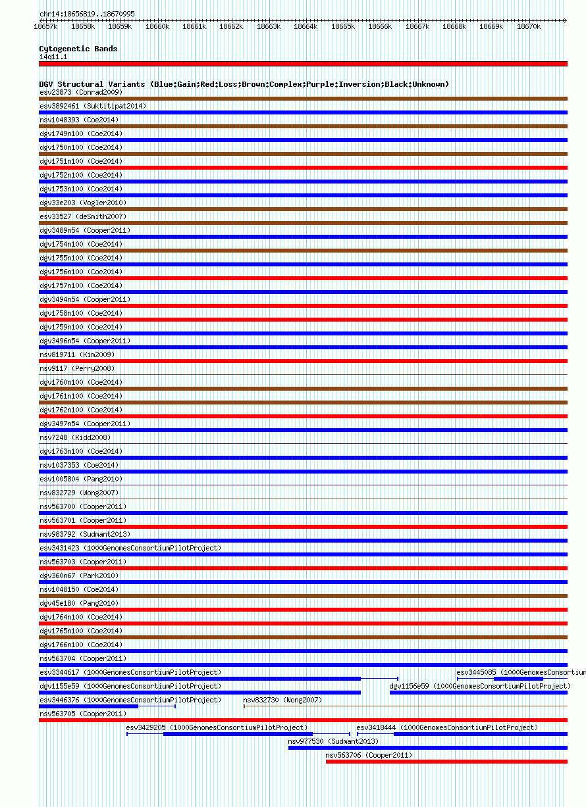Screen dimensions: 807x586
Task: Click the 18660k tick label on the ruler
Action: [157, 27]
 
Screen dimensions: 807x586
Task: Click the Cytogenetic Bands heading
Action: [78, 49]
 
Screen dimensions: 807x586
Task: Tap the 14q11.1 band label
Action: [53, 57]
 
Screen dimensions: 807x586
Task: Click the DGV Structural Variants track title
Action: [244, 84]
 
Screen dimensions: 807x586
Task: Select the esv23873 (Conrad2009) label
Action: [80, 92]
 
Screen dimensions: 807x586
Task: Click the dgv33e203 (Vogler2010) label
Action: [83, 203]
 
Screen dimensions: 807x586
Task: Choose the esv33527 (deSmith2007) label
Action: [83, 216]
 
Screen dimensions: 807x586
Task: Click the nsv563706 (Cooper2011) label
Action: [369, 755]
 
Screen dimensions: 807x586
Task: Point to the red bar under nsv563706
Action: [446, 762]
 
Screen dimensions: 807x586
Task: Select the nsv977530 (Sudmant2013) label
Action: [333, 741]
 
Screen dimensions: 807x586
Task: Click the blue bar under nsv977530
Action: [427, 748]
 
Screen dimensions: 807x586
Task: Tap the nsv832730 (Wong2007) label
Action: [282, 700]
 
